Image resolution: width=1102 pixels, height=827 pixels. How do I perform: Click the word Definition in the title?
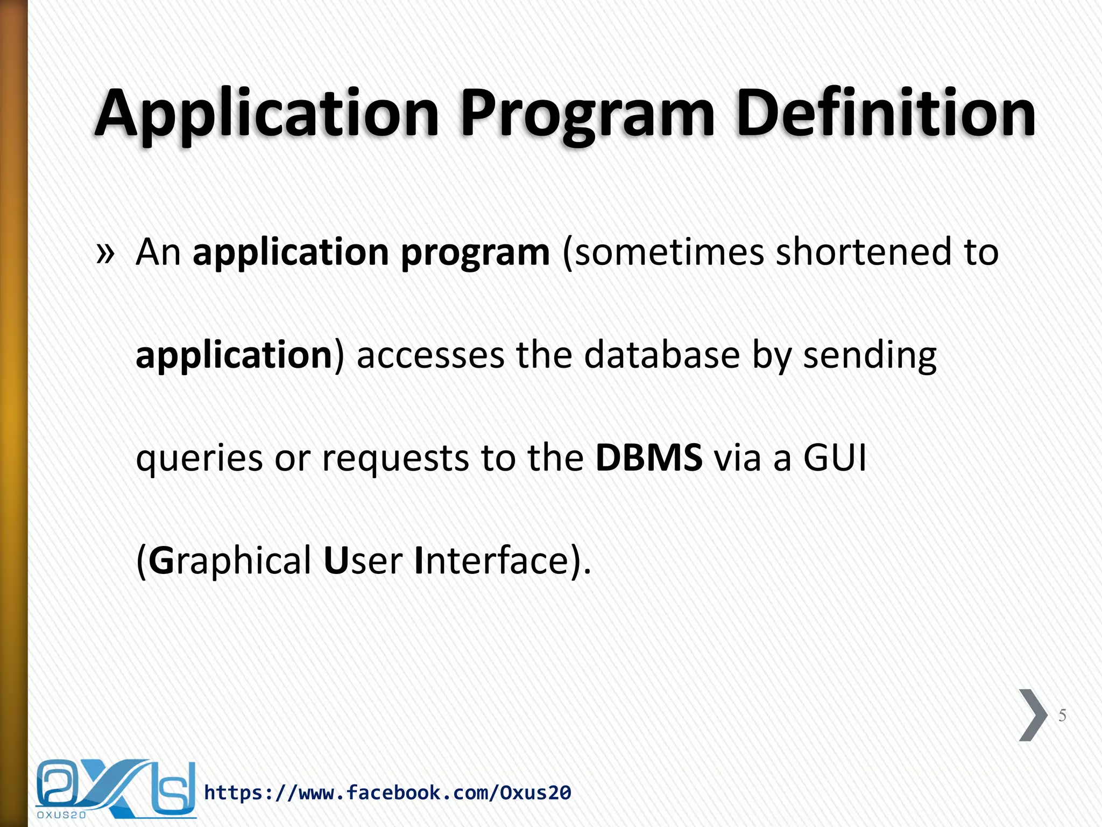pos(885,113)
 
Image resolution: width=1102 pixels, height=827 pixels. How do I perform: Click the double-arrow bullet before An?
pos(105,253)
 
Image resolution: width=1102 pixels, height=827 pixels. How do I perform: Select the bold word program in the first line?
pos(476,253)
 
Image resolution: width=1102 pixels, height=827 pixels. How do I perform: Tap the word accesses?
pos(430,355)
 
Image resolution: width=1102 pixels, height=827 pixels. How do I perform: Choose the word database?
pos(662,355)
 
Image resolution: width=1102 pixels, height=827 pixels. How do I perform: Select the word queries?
pos(199,459)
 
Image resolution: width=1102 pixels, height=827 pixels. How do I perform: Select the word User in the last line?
pos(363,561)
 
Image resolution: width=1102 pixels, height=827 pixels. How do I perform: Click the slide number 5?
pos(1062,715)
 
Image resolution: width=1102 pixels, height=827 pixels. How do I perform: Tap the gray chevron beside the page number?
pos(1032,715)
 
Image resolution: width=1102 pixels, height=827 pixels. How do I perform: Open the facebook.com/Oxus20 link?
pos(387,793)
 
